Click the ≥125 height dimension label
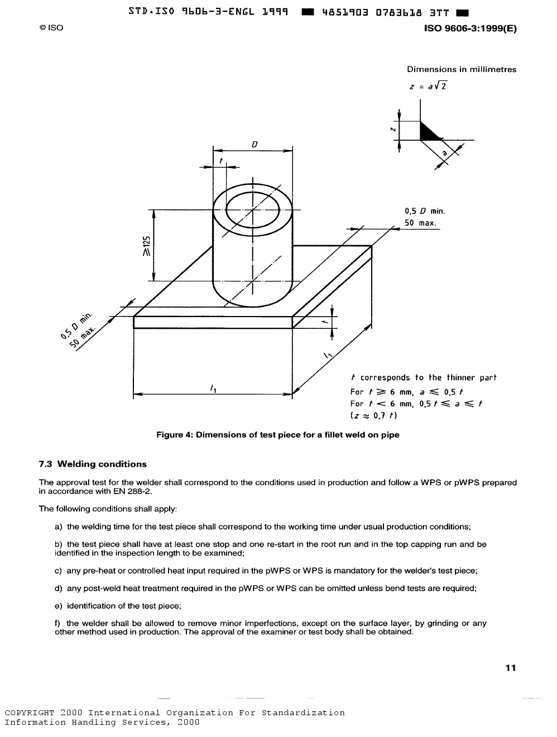[146, 246]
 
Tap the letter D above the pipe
[255, 144]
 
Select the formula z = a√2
[428, 86]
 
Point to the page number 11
[510, 668]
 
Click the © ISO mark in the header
[51, 27]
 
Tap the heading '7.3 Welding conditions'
[93, 464]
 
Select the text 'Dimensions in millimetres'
[462, 69]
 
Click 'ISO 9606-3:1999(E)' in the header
[470, 28]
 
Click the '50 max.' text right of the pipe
[420, 223]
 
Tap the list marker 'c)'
[58, 571]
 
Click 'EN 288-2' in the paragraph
[134, 491]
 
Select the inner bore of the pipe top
[252, 210]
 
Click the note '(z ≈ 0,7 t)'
[373, 415]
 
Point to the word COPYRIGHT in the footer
[30, 713]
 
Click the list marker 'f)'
[57, 623]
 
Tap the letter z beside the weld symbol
[393, 130]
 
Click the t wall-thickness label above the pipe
[221, 161]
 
